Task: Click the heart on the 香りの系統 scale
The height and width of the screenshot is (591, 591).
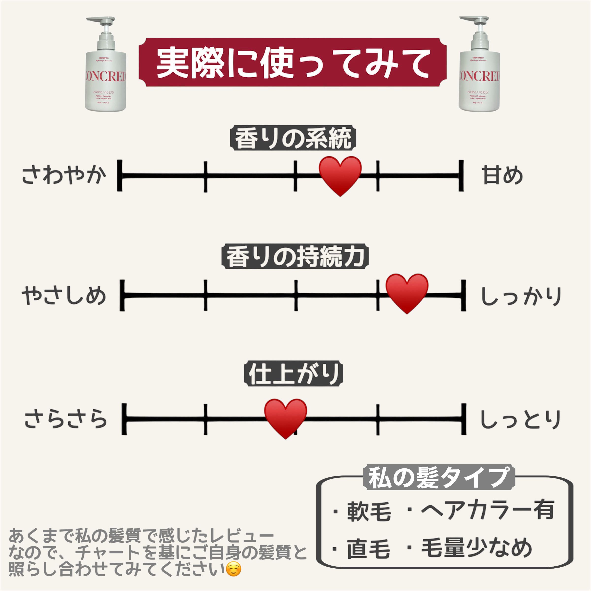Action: tap(340, 175)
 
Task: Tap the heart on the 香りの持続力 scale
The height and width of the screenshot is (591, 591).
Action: tap(407, 293)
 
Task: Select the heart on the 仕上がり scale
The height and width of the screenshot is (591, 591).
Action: tap(285, 418)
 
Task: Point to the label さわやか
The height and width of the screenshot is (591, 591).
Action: tap(64, 175)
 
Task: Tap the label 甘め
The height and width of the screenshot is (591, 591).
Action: tap(502, 175)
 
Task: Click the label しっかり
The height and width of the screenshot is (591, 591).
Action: tap(521, 296)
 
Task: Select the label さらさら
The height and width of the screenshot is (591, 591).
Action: tap(66, 419)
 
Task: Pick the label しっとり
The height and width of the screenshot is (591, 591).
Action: tap(520, 419)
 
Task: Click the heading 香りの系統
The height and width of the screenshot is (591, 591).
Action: tap(293, 138)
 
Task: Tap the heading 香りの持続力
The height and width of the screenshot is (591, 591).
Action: tap(295, 256)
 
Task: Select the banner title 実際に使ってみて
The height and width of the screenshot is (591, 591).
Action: tap(293, 63)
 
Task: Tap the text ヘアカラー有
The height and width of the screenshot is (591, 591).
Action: tap(488, 510)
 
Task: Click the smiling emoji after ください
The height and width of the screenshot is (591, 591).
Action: tap(233, 569)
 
